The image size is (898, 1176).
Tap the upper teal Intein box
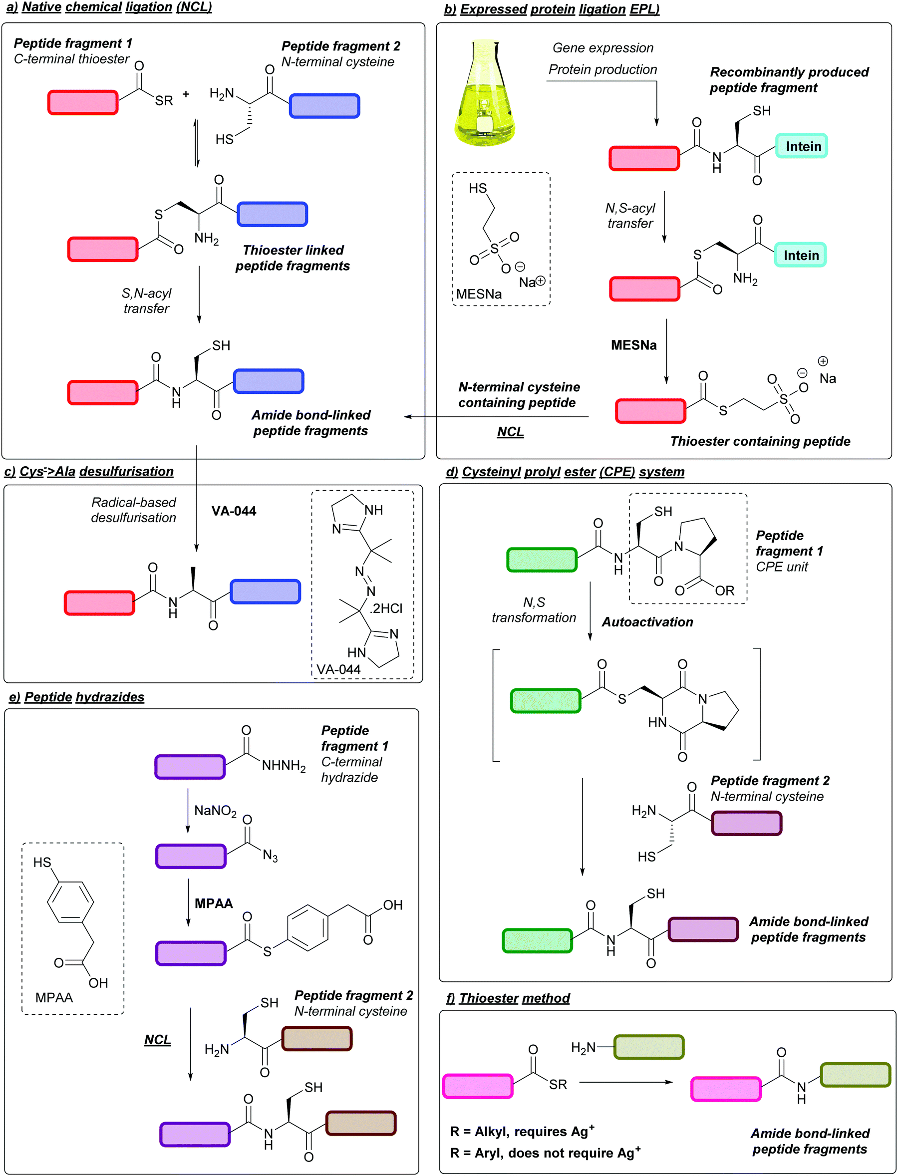click(801, 146)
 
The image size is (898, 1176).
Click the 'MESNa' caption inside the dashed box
click(478, 294)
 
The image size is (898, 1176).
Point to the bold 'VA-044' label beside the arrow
click(234, 511)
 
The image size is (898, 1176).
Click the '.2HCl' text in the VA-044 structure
click(386, 608)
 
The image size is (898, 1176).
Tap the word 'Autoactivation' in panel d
click(647, 621)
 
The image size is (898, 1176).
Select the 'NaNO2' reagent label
click(215, 811)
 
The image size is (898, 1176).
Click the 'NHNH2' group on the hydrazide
click(284, 766)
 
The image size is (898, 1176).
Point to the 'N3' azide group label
click(270, 856)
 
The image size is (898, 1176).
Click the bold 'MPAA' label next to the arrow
click(213, 903)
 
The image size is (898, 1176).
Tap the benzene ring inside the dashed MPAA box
click(70, 902)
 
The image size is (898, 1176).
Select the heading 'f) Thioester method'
click(508, 998)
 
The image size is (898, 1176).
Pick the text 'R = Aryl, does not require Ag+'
click(545, 1153)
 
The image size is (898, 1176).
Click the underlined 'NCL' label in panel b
click(510, 431)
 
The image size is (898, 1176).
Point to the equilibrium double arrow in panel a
click(197, 143)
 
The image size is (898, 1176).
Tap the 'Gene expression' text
click(602, 47)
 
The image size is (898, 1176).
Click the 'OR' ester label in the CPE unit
click(724, 590)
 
